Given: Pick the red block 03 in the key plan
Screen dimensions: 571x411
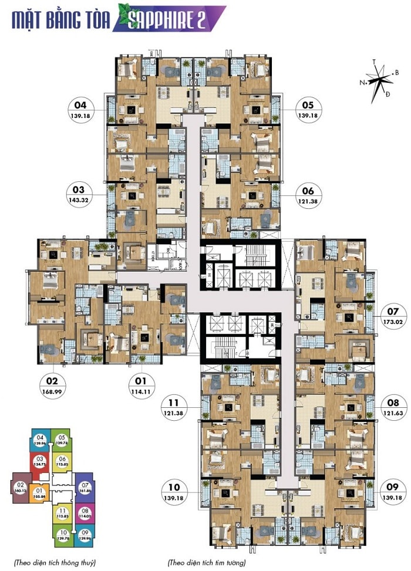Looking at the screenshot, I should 40,462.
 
